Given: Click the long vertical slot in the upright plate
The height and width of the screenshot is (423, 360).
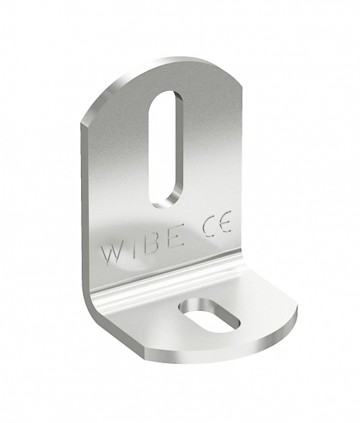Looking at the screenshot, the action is (166, 149).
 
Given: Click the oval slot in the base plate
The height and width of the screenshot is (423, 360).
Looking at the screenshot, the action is (210, 315).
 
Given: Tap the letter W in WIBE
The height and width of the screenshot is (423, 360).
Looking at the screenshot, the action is (111, 254).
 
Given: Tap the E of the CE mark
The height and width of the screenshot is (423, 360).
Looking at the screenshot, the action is (225, 222).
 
